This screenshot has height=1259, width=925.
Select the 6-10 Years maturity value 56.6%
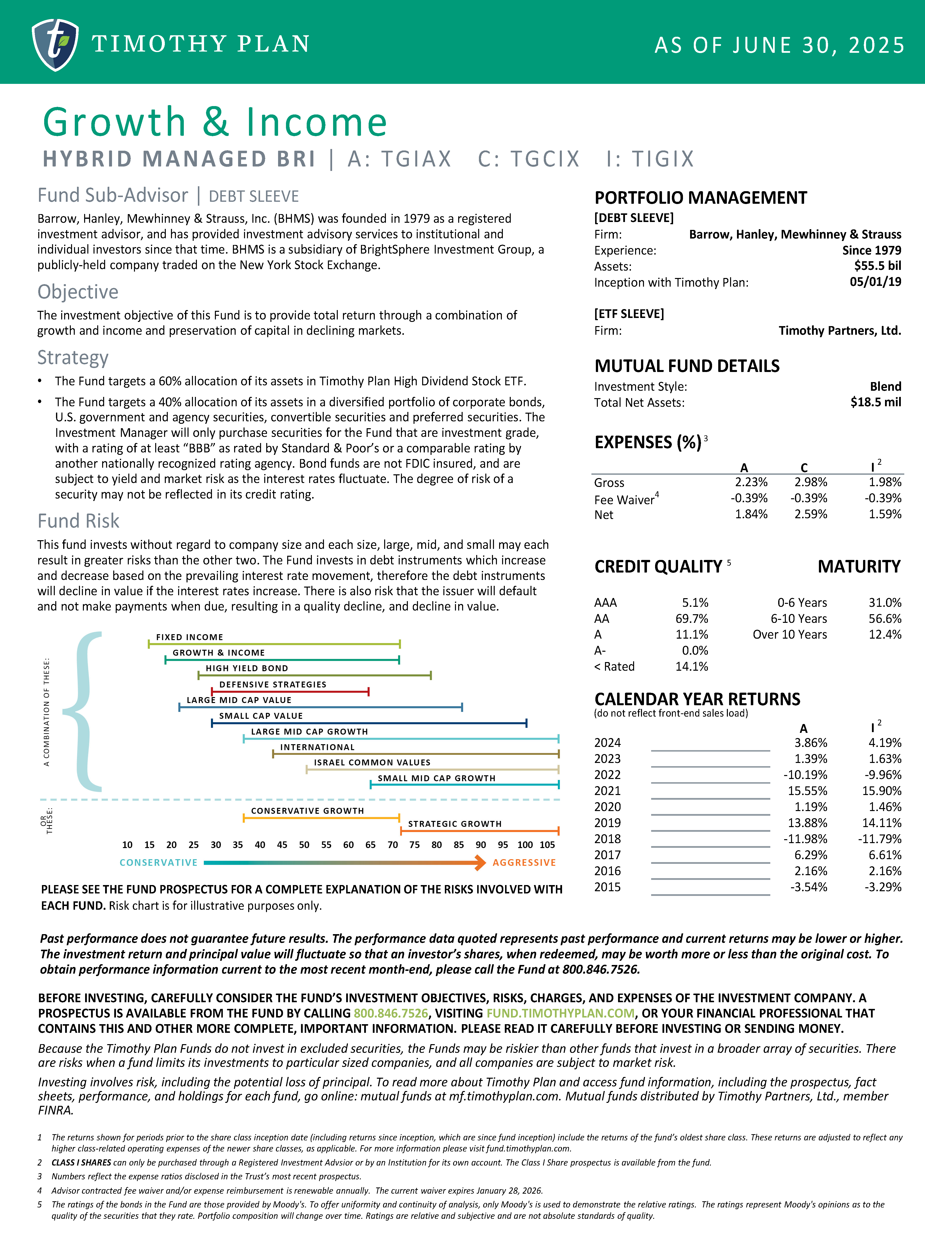click(x=885, y=619)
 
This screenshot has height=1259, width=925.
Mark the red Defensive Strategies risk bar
click(x=290, y=692)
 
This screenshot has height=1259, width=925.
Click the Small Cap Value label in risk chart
click(x=261, y=716)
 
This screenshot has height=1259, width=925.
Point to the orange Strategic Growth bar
click(x=479, y=831)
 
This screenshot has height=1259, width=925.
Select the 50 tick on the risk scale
click(x=304, y=845)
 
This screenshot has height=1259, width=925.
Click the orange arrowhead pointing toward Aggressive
click(x=480, y=863)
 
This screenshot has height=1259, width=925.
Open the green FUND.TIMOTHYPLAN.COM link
click(x=560, y=1013)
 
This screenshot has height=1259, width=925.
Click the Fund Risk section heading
click(x=78, y=521)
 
